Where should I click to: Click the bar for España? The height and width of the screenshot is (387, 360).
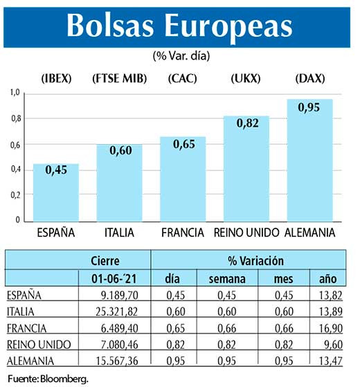57,194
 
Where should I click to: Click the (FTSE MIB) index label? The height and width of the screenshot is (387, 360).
120,79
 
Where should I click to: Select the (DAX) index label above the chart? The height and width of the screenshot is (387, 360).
310,79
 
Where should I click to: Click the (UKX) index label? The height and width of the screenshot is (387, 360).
246,79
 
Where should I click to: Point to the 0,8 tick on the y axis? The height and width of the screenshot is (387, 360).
15,118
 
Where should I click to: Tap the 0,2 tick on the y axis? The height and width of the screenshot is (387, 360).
15,195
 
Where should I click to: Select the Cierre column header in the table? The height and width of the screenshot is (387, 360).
105,261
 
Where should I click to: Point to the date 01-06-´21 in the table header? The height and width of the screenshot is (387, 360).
105,278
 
